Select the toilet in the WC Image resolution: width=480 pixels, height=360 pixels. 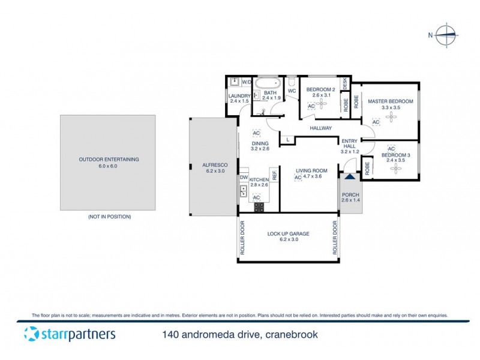291,82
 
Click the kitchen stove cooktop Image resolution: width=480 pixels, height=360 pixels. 259,208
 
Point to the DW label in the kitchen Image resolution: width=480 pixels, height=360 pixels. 244,178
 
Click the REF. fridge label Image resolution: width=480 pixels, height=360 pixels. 274,175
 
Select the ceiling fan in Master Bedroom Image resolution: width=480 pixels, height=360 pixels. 391,116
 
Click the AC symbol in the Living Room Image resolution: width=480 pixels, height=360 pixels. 298,178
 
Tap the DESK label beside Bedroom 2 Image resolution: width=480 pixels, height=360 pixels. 345,85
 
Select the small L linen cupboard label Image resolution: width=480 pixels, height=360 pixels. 288,140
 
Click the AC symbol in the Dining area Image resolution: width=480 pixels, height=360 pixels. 256,133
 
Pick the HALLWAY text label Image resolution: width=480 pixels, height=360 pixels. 321,128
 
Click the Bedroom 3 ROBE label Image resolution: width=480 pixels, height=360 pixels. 367,169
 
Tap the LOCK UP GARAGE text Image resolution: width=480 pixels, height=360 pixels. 288,233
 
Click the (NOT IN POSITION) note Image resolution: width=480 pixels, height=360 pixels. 109,216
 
